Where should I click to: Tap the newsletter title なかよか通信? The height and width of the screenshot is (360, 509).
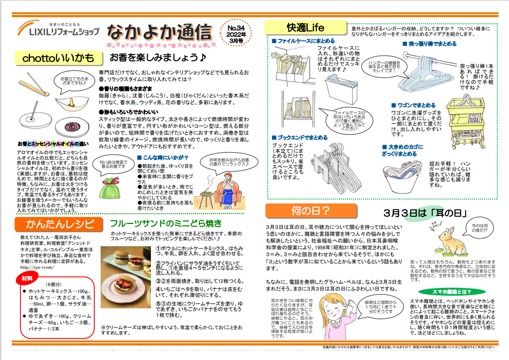pyautogui.click(x=160, y=33)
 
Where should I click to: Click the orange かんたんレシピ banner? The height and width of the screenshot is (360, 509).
pyautogui.click(x=60, y=224)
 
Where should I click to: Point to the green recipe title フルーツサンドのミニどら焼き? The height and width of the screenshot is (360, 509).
pyautogui.click(x=166, y=223)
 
